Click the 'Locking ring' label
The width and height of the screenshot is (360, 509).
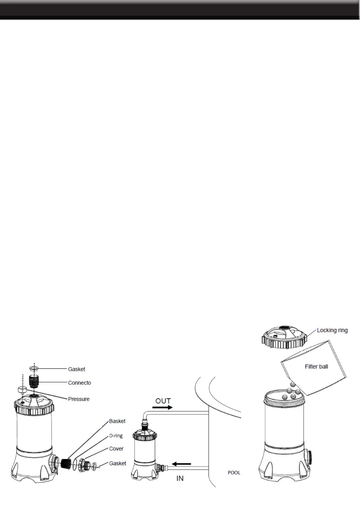[332, 330]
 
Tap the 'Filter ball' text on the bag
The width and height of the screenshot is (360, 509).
[316, 367]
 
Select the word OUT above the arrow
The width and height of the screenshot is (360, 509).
[163, 401]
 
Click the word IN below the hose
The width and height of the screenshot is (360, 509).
[180, 478]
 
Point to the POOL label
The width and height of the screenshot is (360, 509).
[234, 472]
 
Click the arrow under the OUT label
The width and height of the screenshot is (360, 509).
[162, 407]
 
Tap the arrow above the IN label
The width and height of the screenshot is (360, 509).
[181, 464]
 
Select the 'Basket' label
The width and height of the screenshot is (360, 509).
[117, 421]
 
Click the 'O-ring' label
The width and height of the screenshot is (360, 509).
[116, 436]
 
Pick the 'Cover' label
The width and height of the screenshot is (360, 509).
[116, 449]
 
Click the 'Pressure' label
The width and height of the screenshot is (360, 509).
[79, 399]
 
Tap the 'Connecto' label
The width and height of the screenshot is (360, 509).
[79, 383]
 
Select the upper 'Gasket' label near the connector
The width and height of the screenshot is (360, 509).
[76, 369]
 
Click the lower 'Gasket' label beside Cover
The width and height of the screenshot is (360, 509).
[118, 463]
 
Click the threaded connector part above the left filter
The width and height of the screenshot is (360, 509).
[34, 381]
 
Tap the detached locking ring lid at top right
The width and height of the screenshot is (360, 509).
[284, 337]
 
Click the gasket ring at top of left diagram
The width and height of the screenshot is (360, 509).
[34, 369]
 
